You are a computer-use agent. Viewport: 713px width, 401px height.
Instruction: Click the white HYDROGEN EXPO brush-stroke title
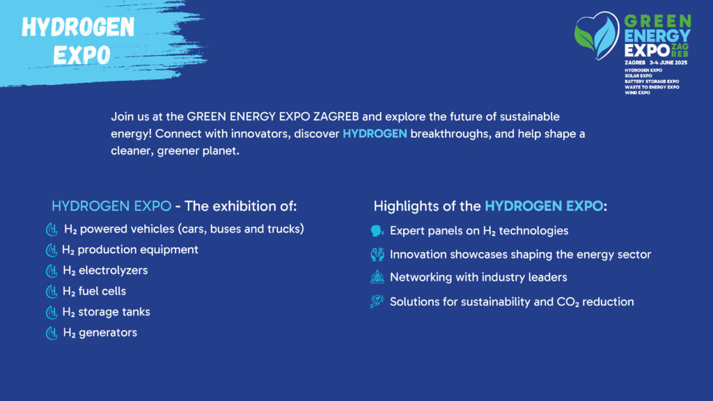pos(78,41)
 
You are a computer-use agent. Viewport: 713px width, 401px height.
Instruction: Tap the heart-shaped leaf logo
pos(597,36)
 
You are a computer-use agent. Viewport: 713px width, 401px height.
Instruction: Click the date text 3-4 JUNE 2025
pos(668,63)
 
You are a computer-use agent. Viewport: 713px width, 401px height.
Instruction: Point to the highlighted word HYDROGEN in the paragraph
pos(375,134)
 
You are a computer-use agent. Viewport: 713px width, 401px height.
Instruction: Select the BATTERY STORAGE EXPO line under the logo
pos(652,81)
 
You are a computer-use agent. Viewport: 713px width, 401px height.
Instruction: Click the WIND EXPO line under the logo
pos(637,93)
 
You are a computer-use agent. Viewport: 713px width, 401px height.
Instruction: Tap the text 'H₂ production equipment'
pos(130,250)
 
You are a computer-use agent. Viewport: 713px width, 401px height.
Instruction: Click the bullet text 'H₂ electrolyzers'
pos(106,271)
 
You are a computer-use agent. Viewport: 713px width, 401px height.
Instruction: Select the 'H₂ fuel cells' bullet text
pos(94,291)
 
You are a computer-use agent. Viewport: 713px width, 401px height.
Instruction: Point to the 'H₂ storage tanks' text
pos(106,312)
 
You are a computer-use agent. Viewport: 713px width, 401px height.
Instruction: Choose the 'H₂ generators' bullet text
pos(100,333)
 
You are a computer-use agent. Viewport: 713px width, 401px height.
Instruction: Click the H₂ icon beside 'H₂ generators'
pos(52,333)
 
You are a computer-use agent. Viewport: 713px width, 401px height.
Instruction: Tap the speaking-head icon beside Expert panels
pos(377,231)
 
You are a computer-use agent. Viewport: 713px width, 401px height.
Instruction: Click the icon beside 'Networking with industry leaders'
pos(377,277)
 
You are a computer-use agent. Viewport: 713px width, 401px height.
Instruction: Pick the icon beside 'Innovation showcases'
pos(377,254)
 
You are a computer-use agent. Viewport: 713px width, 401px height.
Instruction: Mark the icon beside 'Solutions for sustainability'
pos(377,301)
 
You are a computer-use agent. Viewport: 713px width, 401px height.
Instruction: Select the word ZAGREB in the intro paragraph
pos(336,116)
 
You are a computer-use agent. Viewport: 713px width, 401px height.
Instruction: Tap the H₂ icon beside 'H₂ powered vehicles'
pos(52,230)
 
